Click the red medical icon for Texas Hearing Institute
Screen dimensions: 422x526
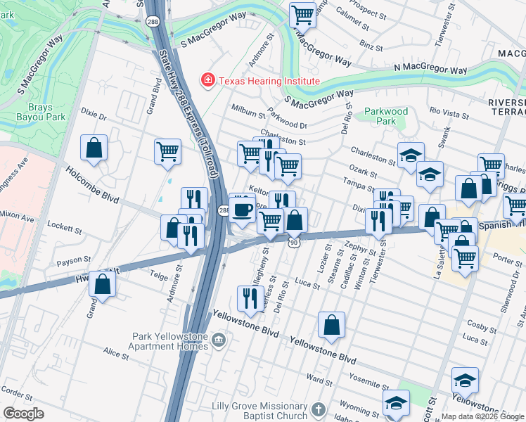click(207, 81)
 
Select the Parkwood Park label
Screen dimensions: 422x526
click(385, 116)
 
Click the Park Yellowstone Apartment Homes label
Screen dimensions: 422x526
click(169, 341)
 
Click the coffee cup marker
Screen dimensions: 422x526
click(243, 210)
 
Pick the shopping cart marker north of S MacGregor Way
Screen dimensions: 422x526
click(302, 13)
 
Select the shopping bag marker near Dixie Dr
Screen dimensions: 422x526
click(94, 148)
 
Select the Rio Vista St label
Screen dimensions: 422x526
click(449, 111)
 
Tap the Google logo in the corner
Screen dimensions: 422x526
click(23, 414)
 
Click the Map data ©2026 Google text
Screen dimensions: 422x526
click(482, 416)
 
